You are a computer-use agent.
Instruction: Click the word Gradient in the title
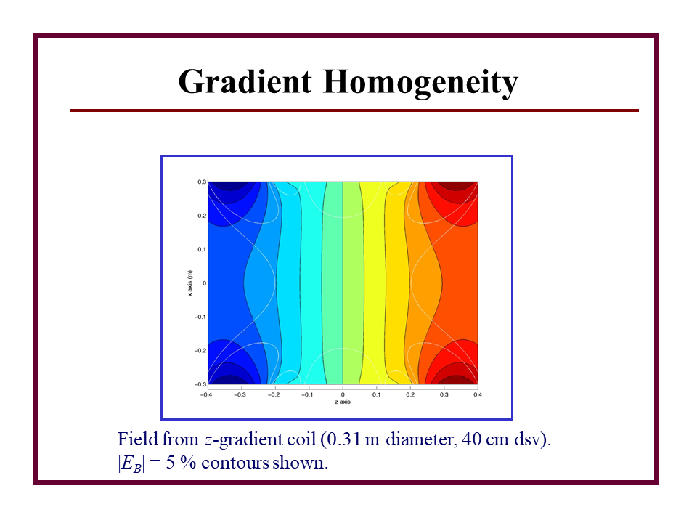click(245, 82)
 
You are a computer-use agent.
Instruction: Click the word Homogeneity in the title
click(420, 83)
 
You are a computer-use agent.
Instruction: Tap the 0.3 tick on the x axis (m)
click(202, 182)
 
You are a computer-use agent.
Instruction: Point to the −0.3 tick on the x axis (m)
click(200, 384)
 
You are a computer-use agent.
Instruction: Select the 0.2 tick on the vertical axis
click(202, 216)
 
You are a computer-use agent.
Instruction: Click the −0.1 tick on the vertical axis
click(200, 317)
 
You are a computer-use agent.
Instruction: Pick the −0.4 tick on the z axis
click(206, 394)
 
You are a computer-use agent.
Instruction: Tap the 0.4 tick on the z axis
click(478, 394)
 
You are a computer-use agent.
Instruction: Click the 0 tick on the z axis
click(343, 394)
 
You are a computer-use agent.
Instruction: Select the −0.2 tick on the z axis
click(274, 394)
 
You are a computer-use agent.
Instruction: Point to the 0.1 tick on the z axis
click(377, 394)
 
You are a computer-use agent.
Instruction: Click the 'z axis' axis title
click(343, 402)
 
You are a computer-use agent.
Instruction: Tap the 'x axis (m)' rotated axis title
click(190, 283)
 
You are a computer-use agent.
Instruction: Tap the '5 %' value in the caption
click(181, 463)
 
